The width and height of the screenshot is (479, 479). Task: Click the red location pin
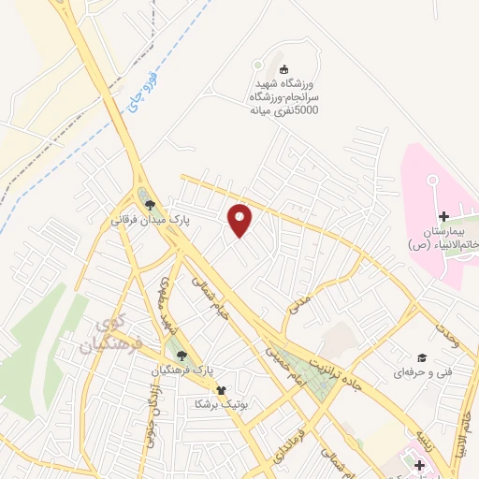coord(240,220)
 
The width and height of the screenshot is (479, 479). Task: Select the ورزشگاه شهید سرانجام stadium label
coord(284,96)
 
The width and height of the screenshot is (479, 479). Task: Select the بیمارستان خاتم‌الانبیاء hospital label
coord(443,238)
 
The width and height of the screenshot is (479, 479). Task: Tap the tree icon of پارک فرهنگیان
coord(181,355)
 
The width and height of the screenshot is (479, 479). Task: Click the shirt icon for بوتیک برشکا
coord(221,391)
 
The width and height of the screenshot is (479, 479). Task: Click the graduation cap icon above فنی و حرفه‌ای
coord(423,356)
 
